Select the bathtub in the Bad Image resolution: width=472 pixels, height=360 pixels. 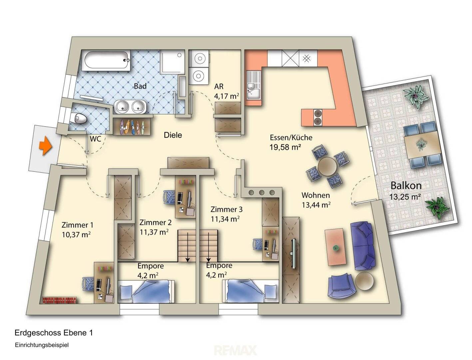pos(106,60)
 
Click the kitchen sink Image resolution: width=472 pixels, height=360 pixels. pos(254,85)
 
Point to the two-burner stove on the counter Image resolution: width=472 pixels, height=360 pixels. pos(317,117)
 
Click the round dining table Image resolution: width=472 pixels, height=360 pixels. pos(327,166)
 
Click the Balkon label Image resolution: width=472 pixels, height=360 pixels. pos(406,186)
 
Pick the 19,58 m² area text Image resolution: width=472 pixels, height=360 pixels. pos(285,147)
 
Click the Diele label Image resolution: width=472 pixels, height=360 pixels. pos(173,135)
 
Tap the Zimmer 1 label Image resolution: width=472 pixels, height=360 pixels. pos(77,225)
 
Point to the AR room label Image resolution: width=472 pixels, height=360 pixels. pos(219,87)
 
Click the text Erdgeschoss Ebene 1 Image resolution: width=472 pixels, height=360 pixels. pos(54,333)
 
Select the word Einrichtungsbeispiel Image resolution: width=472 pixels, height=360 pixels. pos(42,345)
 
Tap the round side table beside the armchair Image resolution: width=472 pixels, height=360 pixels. pos(364,281)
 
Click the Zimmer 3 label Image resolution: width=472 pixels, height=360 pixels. pos(227,209)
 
